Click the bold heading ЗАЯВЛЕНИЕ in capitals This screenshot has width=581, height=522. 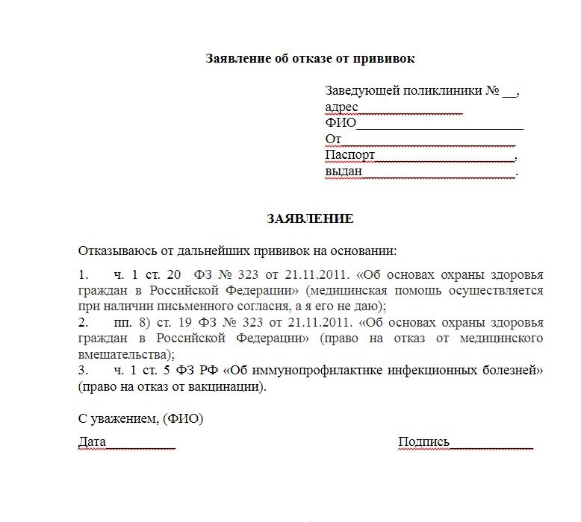pyautogui.click(x=310, y=219)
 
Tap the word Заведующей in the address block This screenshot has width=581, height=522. pyautogui.click(x=362, y=91)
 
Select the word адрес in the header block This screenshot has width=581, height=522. pyautogui.click(x=341, y=107)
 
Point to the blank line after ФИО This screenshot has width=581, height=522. pyautogui.click(x=440, y=124)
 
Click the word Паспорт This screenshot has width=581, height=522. pyautogui.click(x=349, y=155)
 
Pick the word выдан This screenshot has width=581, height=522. pyautogui.click(x=344, y=172)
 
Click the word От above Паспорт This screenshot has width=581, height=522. pyautogui.click(x=333, y=139)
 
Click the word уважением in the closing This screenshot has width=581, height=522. pyautogui.click(x=122, y=419)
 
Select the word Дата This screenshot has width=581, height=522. pyautogui.click(x=92, y=442)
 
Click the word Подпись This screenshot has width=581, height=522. pyautogui.click(x=424, y=442)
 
